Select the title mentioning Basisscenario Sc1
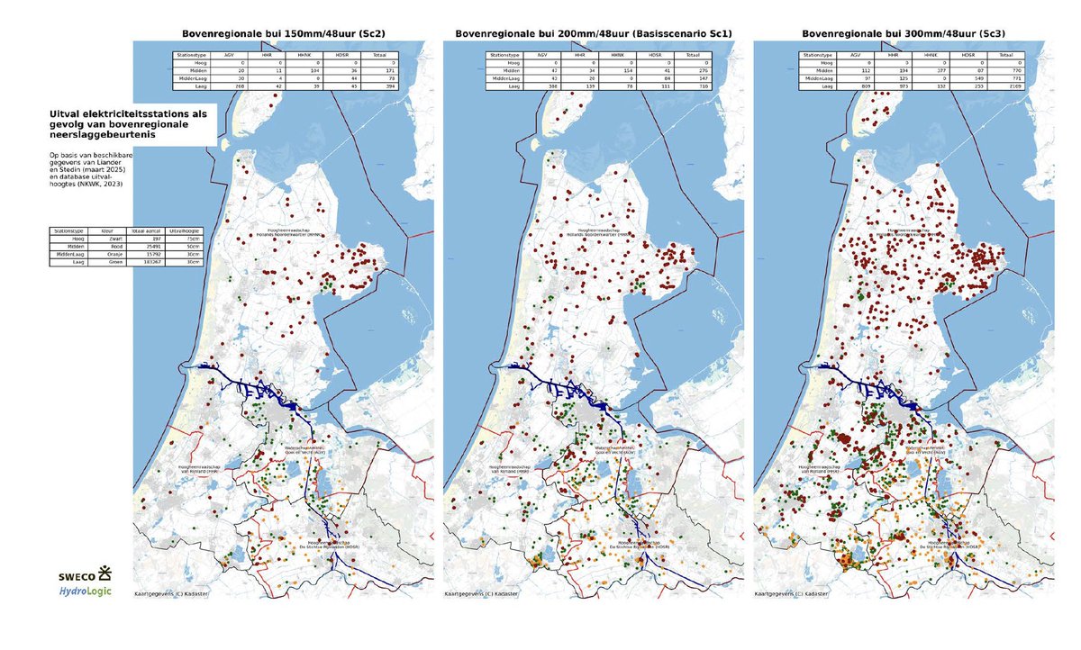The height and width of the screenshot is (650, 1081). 593,33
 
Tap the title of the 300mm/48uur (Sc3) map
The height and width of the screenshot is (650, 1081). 904,33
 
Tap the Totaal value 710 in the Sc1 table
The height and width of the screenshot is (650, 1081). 702,87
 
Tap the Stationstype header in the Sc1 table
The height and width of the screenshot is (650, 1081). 503,55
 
